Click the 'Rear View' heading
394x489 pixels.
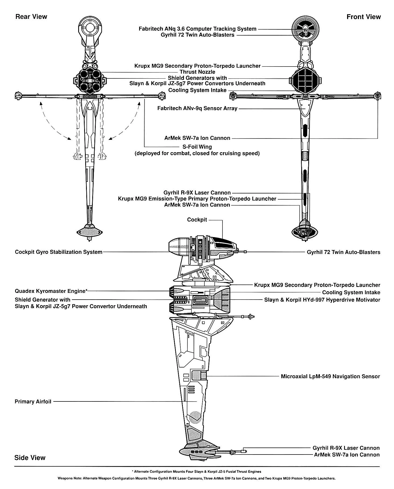click(x=31, y=17)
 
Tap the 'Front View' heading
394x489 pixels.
click(x=363, y=17)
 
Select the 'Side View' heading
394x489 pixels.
click(x=30, y=457)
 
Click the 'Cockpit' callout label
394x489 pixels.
click(x=197, y=220)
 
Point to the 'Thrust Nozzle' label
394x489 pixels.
click(x=197, y=72)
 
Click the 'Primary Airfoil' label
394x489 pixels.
click(x=33, y=401)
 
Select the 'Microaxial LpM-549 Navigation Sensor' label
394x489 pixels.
click(x=330, y=376)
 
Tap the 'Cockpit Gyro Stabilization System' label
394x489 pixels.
click(x=59, y=252)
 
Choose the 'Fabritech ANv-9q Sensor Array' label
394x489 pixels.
click(x=197, y=109)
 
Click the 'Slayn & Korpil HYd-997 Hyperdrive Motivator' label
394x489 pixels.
click(x=322, y=300)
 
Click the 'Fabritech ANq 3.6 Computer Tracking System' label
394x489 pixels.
click(x=197, y=29)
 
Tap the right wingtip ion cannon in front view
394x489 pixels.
click(x=377, y=95)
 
